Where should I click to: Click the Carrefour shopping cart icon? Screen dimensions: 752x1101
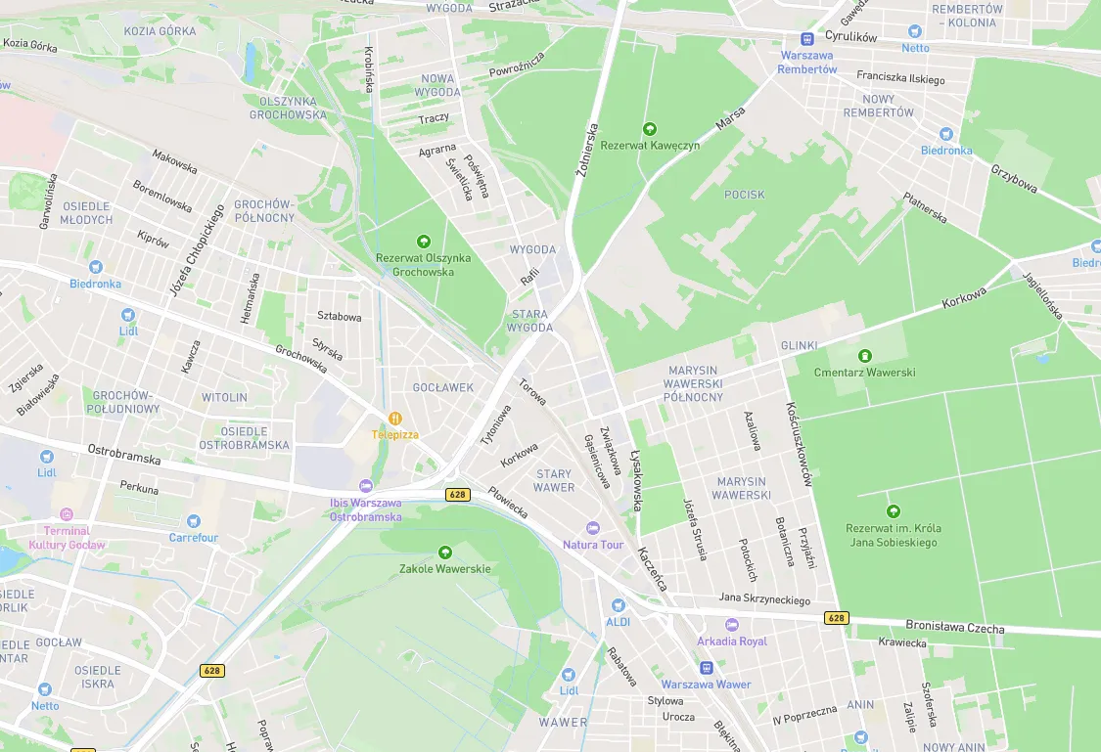[x=194, y=521]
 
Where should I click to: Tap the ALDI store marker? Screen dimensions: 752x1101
[x=618, y=605]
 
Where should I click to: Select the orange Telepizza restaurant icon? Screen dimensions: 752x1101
[x=395, y=418]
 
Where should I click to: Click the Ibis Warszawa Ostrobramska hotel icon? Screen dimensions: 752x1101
[x=366, y=486]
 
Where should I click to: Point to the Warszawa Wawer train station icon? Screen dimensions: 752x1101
[x=706, y=668]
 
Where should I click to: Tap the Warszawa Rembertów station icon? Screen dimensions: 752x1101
[x=807, y=39]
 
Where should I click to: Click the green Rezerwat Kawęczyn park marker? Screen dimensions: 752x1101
[x=649, y=129]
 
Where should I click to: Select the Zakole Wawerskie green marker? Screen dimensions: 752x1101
[x=445, y=553]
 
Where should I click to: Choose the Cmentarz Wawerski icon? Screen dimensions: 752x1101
[x=864, y=356]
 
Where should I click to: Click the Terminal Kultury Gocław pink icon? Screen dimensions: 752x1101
[x=67, y=514]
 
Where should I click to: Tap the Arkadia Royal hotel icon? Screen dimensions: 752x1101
[x=732, y=625]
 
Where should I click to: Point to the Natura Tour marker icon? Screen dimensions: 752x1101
[x=592, y=528]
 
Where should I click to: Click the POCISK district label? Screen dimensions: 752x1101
[x=744, y=195]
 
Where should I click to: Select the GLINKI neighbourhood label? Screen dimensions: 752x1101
[x=799, y=346]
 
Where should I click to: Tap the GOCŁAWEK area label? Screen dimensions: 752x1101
[x=443, y=387]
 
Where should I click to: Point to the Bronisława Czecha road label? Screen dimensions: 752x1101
[x=954, y=627]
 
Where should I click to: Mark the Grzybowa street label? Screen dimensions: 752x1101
[x=1014, y=178]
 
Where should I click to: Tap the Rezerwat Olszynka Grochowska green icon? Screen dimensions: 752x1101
[x=423, y=241]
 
